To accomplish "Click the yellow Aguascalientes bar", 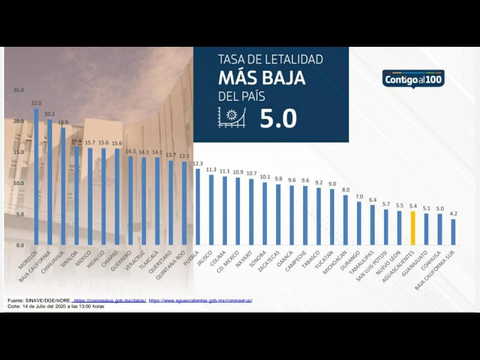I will [413, 228].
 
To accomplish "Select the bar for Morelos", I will [36, 177].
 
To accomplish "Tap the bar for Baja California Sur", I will [454, 232].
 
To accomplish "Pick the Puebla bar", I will [197, 207].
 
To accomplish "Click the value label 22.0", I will [36, 103].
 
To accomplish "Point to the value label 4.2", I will [454, 214].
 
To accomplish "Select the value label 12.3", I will [197, 163].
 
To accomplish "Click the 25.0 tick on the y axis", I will [19, 90].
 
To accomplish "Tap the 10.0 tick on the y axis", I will [19, 183].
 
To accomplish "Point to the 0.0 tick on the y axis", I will [20, 245].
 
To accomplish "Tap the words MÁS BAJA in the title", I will [262, 78].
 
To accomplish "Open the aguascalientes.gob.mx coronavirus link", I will [200, 300].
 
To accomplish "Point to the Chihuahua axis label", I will [53, 262].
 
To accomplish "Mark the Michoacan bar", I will [346, 220].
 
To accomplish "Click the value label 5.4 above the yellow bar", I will [413, 206].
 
